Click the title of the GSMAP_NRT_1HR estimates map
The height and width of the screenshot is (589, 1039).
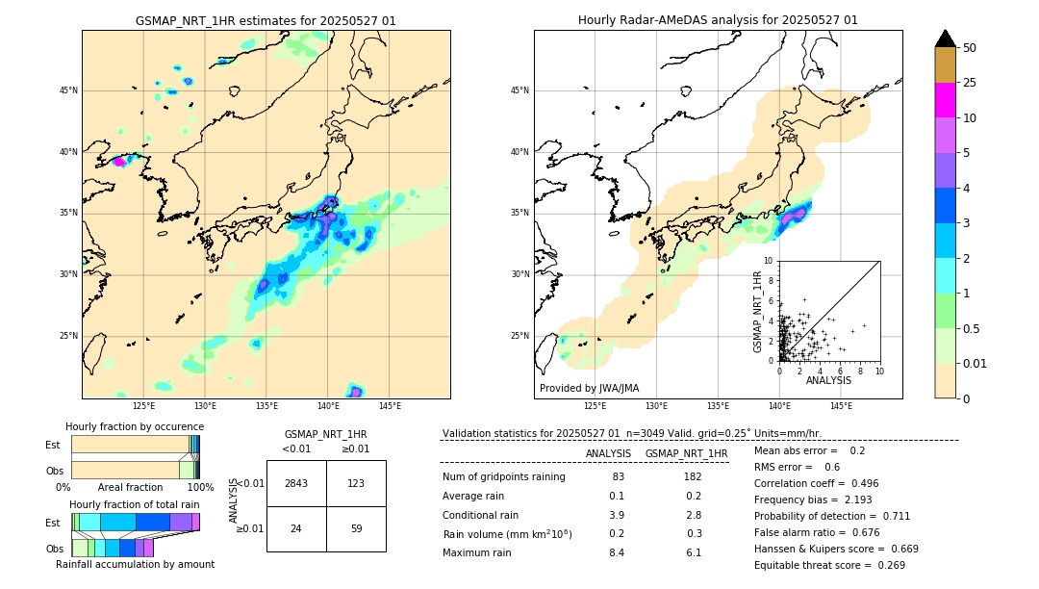(x=266, y=20)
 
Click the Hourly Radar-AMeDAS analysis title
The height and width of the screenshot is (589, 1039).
(x=718, y=20)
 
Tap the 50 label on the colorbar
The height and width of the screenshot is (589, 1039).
(x=970, y=48)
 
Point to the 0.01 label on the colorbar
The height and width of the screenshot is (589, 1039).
(x=976, y=363)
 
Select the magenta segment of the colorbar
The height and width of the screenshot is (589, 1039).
(x=945, y=100)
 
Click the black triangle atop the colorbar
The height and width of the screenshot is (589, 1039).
(x=945, y=38)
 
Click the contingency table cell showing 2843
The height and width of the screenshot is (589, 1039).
(x=296, y=483)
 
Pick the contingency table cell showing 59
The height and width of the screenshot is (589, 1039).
(x=356, y=528)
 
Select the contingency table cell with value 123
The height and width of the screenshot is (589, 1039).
(x=356, y=483)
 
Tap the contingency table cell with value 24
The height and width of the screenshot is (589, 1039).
(x=296, y=528)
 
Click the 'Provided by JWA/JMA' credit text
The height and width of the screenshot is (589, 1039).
(x=589, y=389)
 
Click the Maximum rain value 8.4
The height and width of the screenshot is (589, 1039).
(x=617, y=553)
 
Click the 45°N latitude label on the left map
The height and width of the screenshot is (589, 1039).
(x=68, y=90)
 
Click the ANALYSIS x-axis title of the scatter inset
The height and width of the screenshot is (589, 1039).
(x=828, y=380)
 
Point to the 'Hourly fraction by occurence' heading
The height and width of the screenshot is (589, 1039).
(x=135, y=426)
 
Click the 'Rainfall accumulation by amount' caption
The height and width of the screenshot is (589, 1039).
(x=142, y=564)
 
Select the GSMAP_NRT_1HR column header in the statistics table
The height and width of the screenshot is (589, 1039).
(x=686, y=453)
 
